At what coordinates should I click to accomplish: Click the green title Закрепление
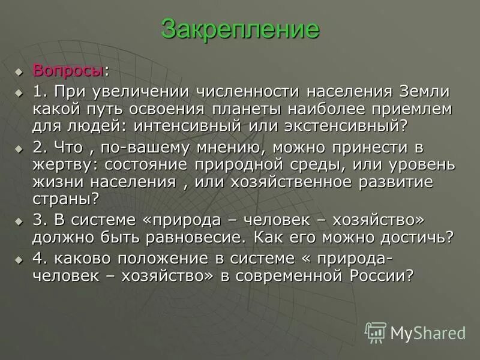coord(239,29)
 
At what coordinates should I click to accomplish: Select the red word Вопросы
coord(68,70)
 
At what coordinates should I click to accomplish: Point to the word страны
coord(62,198)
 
